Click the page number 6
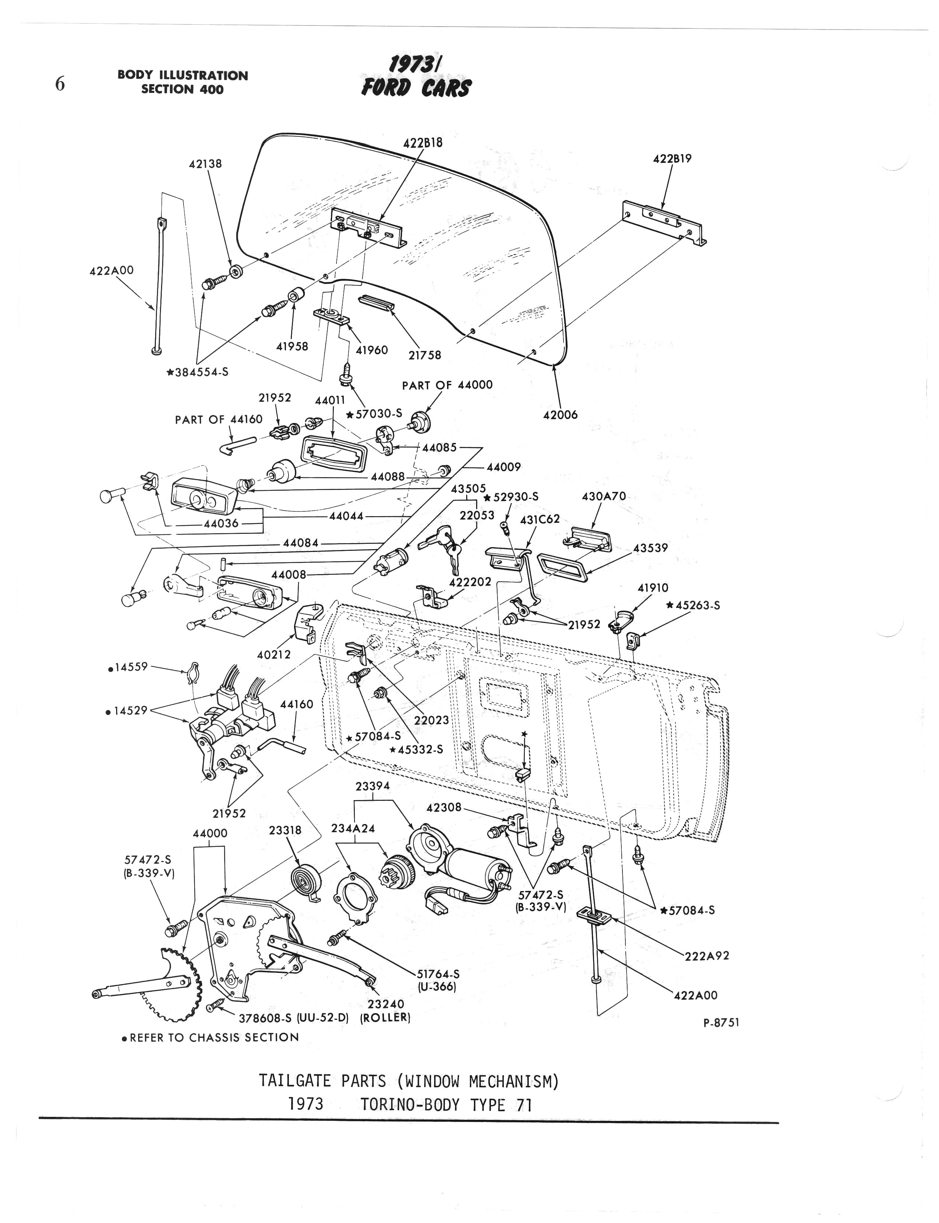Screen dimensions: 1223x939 point(60,84)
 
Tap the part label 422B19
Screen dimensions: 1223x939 point(672,159)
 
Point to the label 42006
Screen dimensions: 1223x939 point(560,414)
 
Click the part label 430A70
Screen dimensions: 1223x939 point(604,496)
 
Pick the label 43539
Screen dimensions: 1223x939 point(650,548)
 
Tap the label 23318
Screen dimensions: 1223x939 point(285,830)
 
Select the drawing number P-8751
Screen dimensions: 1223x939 point(721,1022)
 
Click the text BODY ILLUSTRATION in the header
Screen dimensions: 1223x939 point(183,76)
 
